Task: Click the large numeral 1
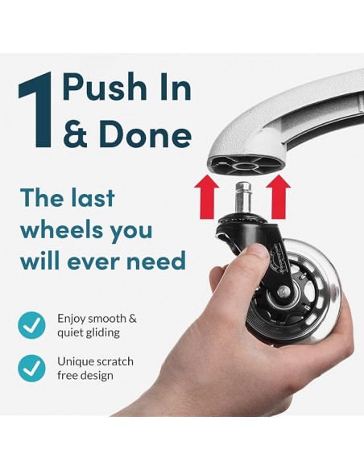pyautogui.click(x=36, y=111)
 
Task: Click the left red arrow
pyautogui.click(x=207, y=197)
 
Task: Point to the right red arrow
pyautogui.click(x=278, y=197)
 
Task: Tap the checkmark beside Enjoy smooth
pyautogui.click(x=31, y=325)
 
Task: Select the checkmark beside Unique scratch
pyautogui.click(x=31, y=369)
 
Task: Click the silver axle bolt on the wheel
pyautogui.click(x=282, y=291)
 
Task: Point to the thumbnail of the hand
pyautogui.click(x=258, y=250)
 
